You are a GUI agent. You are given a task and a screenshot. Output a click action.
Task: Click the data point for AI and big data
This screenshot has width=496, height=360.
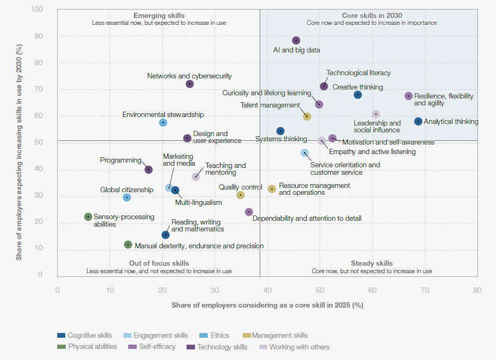pos(296,41)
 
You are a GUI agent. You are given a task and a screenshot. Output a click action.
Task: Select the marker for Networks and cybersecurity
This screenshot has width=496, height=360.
pos(190,84)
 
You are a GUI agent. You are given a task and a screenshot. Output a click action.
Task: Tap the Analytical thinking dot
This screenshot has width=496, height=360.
pos(418,122)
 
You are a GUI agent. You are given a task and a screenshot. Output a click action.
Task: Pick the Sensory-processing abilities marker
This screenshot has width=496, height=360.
pos(88,217)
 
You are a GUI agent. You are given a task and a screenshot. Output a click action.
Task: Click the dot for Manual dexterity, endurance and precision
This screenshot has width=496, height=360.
pos(128,245)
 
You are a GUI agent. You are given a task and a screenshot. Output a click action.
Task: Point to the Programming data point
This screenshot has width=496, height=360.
pos(149,170)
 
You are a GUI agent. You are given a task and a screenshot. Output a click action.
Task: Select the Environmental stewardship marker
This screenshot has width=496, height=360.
pos(163,123)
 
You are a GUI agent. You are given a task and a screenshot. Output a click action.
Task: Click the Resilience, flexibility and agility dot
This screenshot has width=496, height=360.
pos(409,96)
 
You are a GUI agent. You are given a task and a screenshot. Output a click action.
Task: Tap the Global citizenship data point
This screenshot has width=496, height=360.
pos(127,197)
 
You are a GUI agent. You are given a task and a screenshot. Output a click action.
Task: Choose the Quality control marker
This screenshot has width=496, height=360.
pos(241,195)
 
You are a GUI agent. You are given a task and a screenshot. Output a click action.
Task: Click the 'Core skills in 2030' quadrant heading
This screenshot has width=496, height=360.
pos(371,16)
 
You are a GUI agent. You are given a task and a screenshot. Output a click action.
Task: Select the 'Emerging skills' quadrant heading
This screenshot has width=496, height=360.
pos(159,16)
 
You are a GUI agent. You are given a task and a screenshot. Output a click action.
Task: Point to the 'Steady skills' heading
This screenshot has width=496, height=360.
pos(371,264)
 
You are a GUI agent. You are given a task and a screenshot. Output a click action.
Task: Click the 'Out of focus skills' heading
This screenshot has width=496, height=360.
pos(159,264)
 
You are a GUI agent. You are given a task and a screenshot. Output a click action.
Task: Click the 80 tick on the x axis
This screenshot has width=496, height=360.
pos(477,290)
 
